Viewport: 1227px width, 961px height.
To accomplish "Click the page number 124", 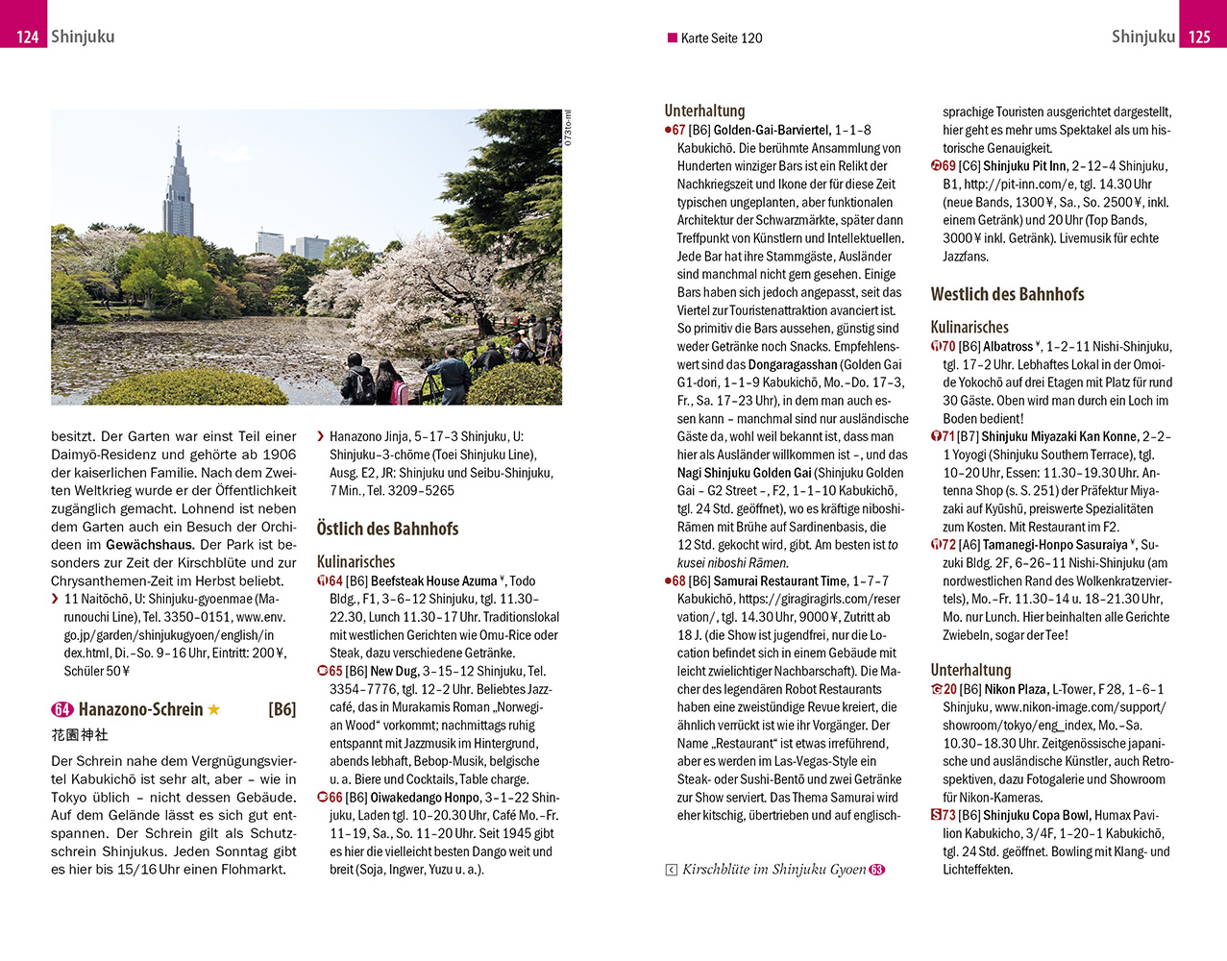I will [x=27, y=37].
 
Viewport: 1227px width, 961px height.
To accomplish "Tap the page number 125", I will [x=1199, y=37].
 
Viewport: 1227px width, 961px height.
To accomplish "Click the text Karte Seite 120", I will [x=721, y=38].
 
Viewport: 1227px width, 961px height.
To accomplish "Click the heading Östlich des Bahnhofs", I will [x=387, y=529].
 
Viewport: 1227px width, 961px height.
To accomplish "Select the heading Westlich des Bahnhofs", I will [x=1007, y=294].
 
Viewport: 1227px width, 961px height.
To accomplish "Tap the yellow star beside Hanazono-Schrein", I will [x=214, y=709].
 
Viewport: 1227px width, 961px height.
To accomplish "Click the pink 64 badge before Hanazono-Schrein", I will [x=62, y=709].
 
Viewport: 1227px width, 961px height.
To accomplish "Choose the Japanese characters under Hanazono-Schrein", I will [x=80, y=735].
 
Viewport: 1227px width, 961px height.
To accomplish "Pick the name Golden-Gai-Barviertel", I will [x=772, y=131].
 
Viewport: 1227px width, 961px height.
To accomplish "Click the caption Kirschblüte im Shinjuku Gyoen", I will [x=773, y=870].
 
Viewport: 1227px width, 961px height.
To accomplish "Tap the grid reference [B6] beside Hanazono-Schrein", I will [x=282, y=709].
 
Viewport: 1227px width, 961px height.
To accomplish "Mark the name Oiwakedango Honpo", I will [x=425, y=798].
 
